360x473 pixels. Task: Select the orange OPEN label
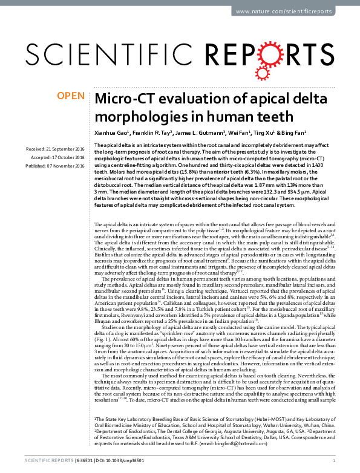[x=70, y=96]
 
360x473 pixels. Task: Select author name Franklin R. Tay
[x=159, y=133]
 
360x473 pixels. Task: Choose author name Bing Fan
[x=293, y=133]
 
